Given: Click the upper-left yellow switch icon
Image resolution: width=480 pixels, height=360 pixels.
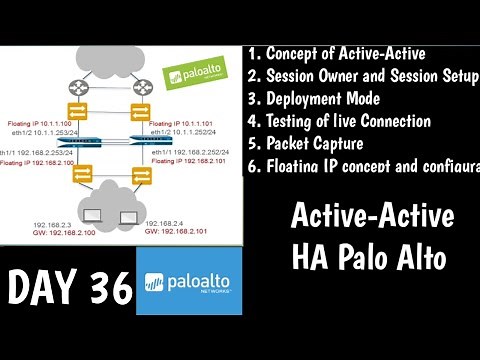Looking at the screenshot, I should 77,114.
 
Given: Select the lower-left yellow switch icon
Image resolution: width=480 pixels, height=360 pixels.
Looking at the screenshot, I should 77,176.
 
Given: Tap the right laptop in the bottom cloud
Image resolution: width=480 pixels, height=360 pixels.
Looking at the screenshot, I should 126,214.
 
